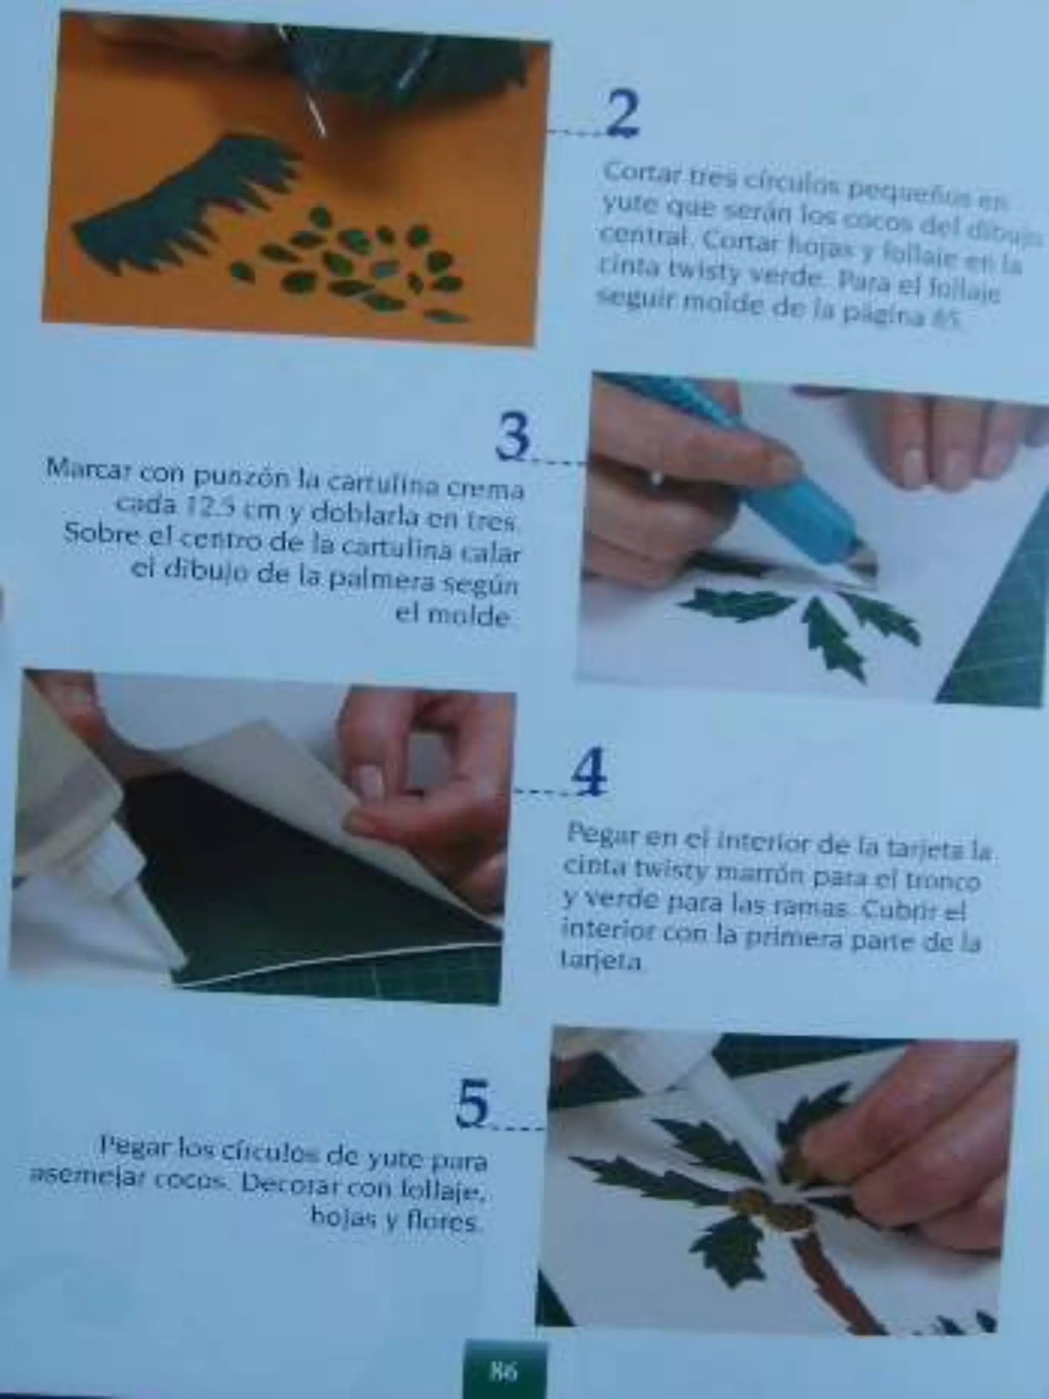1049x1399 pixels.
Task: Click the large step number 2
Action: (623, 114)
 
